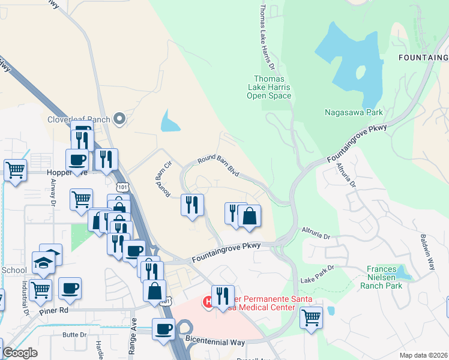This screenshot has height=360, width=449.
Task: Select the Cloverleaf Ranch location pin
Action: [119, 119]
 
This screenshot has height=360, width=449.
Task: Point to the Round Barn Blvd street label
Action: [218, 165]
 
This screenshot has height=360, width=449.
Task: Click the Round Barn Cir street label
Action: [164, 178]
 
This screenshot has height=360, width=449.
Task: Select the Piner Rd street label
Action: [73, 310]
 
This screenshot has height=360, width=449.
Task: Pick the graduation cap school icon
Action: [50, 254]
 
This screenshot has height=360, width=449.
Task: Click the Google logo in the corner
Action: [20, 353]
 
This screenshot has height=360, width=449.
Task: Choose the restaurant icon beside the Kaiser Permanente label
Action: [223, 296]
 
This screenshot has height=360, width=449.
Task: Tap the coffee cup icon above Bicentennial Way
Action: [163, 329]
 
